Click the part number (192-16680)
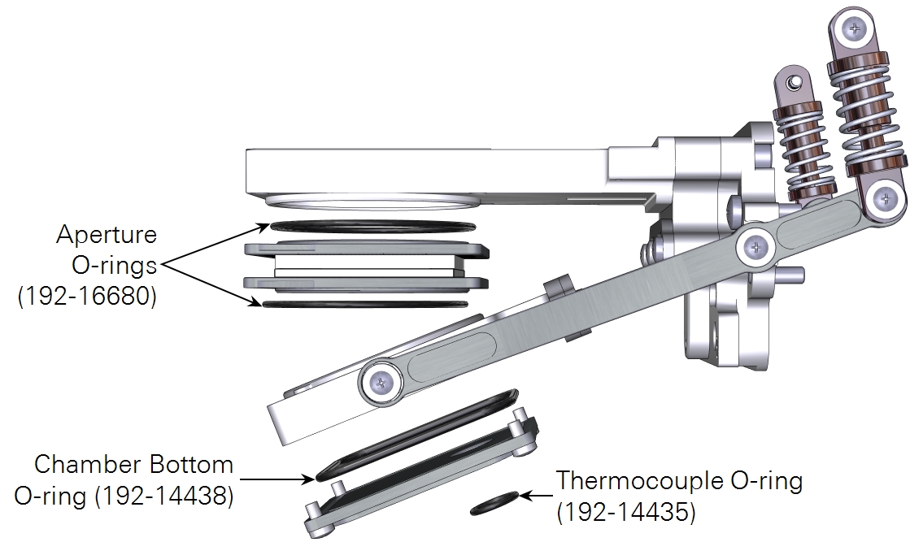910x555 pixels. [88, 297]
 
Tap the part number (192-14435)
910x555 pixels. [625, 511]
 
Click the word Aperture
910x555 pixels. [107, 235]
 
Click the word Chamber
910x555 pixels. [87, 465]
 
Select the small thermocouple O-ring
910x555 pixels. [494, 503]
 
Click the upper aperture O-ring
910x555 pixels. [372, 226]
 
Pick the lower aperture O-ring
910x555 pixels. [365, 304]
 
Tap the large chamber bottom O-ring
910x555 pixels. [417, 435]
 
